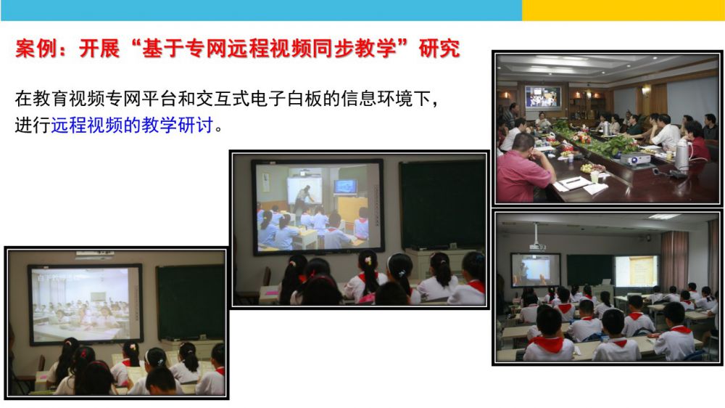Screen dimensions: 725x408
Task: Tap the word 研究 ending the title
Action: [439, 49]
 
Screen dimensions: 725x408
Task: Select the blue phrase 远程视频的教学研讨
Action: [132, 125]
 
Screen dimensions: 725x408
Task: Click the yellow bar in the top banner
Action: [623, 10]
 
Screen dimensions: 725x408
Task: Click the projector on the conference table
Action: [635, 159]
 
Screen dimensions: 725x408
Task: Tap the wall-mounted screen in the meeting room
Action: [543, 97]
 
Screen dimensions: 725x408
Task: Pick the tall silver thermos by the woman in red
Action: [682, 154]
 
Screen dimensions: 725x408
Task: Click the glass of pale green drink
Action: [594, 177]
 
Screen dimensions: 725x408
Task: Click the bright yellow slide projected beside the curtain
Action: [637, 271]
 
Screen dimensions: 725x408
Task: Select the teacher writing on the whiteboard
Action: [304, 199]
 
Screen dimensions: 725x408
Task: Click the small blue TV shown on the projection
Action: [346, 187]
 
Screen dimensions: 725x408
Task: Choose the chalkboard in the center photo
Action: [442, 204]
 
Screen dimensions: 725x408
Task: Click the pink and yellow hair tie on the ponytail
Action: [368, 261]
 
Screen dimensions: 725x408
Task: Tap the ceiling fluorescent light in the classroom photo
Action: [664, 216]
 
